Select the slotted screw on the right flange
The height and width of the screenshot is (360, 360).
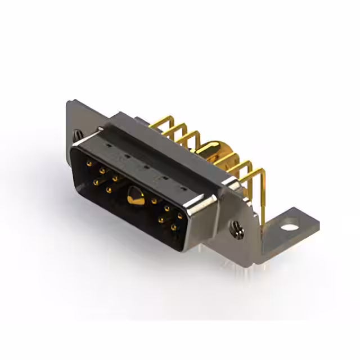(235, 228)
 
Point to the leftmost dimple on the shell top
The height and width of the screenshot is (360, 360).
(108, 145)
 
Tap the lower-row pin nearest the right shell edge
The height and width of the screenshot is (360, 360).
(173, 227)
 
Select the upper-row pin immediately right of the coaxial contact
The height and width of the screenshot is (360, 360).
(154, 200)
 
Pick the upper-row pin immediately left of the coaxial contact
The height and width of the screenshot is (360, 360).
(115, 178)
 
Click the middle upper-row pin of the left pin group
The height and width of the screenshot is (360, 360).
(102, 170)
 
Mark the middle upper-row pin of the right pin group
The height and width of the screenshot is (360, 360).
(166, 208)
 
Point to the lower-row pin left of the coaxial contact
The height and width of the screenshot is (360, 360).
(109, 190)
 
